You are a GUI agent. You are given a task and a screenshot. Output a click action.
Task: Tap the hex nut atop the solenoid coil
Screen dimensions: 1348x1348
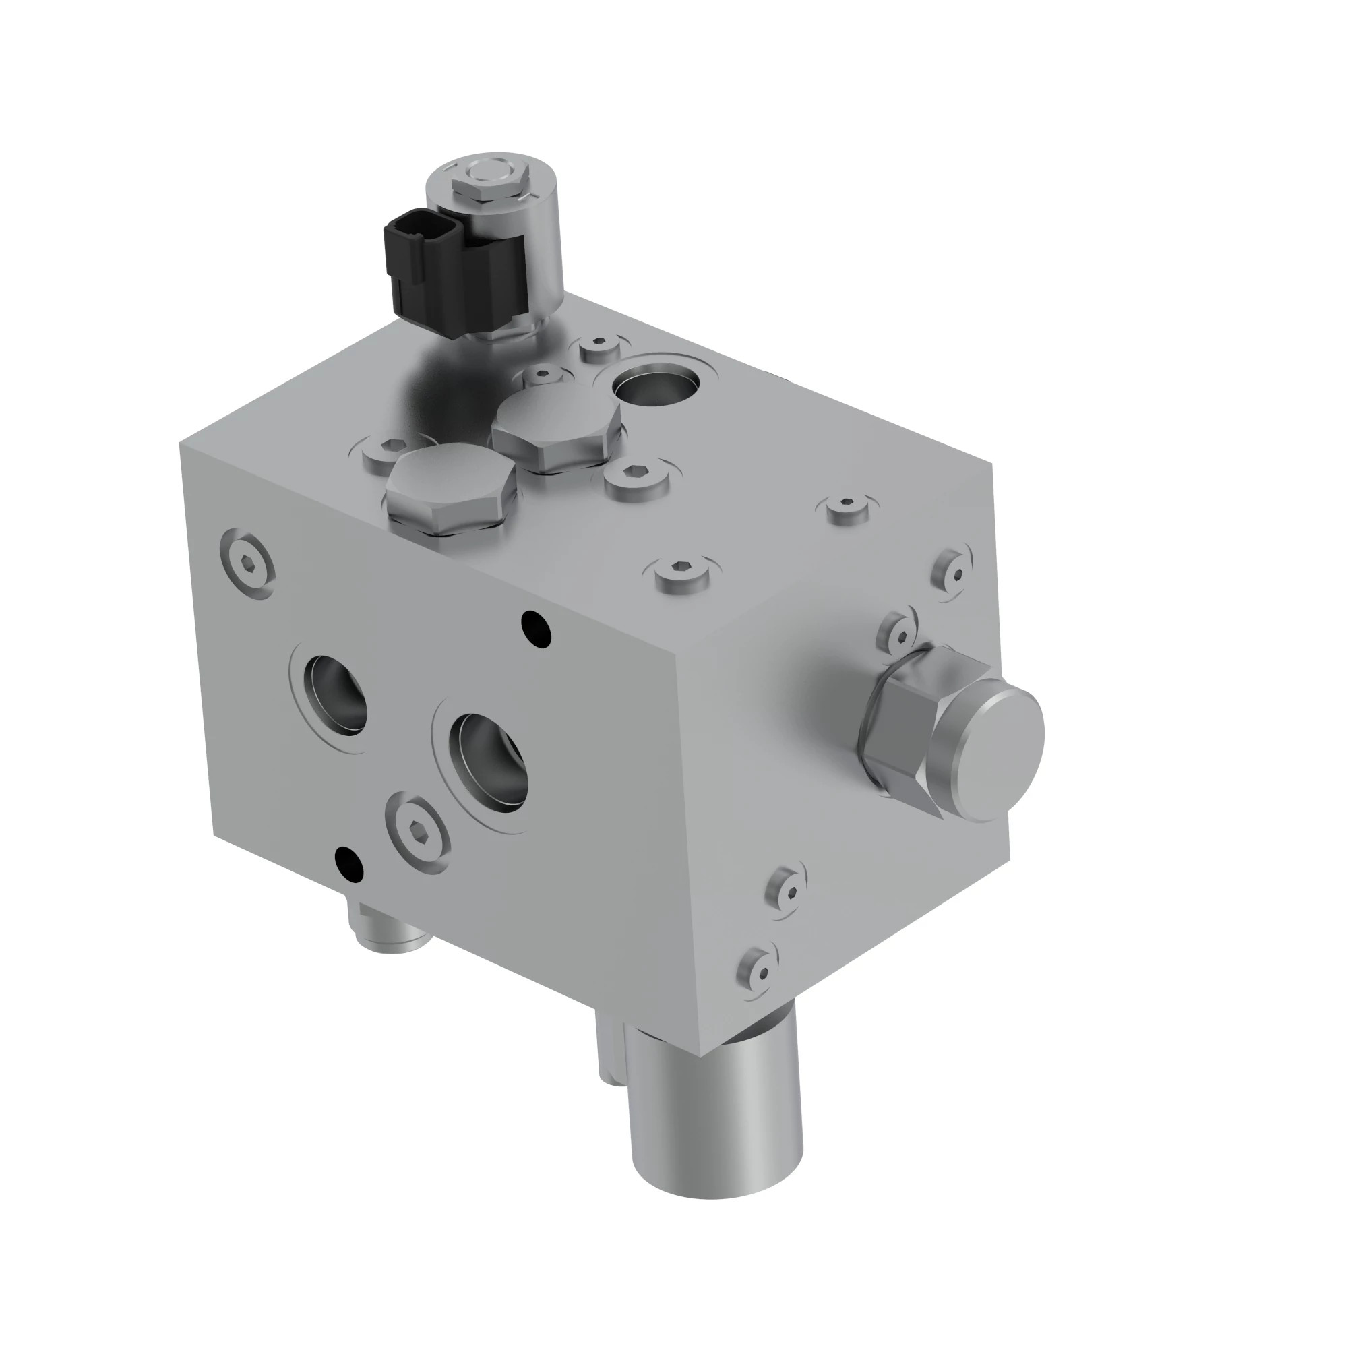pos(487,186)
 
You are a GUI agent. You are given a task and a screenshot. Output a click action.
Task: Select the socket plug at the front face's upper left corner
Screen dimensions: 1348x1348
pos(247,564)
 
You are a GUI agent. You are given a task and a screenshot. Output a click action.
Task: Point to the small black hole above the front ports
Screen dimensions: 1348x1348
pos(536,628)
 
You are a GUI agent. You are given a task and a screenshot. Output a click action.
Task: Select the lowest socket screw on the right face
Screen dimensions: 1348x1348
pos(760,971)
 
